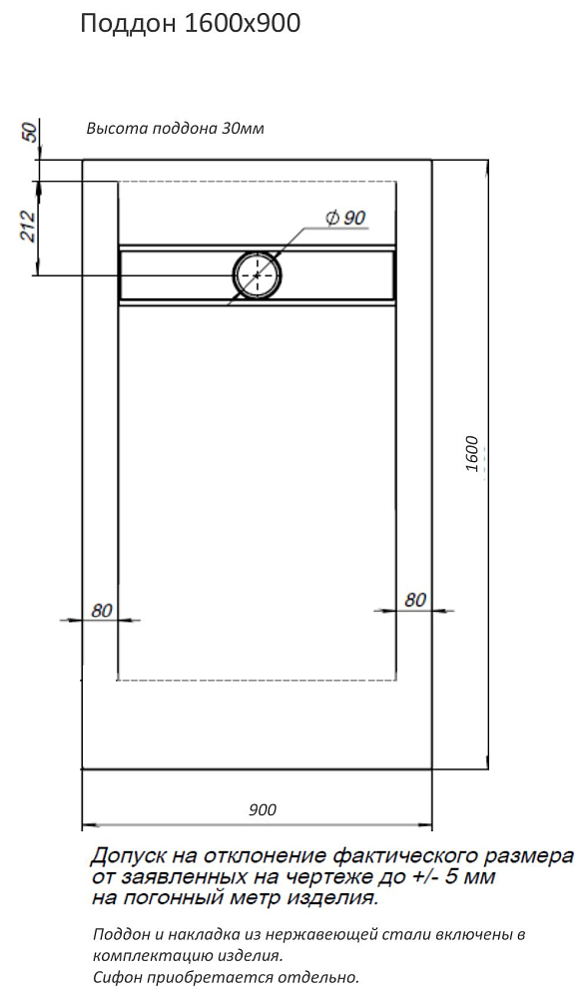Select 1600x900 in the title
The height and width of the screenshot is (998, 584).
click(242, 24)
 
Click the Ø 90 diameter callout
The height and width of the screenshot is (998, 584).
click(345, 219)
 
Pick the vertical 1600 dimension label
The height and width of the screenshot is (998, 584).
click(472, 453)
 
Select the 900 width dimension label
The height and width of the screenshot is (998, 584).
click(263, 809)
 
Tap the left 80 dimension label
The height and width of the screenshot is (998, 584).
click(101, 611)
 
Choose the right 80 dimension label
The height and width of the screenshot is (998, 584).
click(415, 600)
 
